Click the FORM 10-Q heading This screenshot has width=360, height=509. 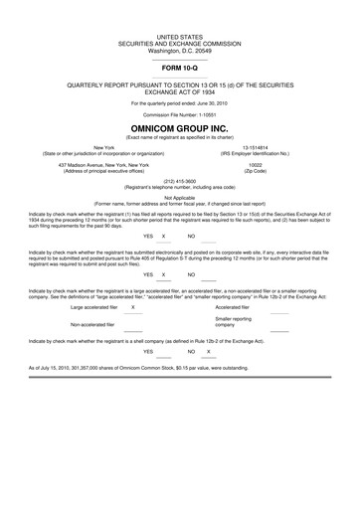coord(180,67)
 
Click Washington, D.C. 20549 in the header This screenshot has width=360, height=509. coord(180,49)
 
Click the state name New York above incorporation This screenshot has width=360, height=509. coord(97,145)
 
